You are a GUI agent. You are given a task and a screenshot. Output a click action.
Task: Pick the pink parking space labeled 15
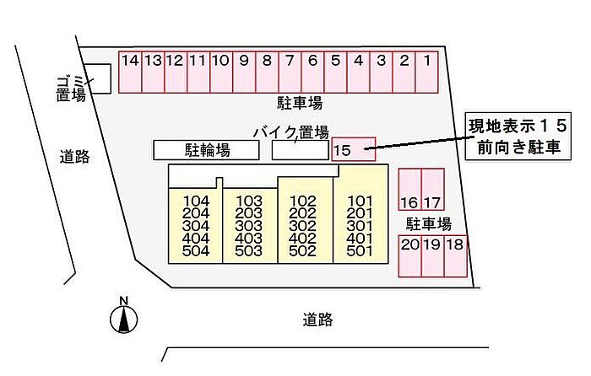pos(353,148)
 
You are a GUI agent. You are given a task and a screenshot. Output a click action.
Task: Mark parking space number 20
pos(409,255)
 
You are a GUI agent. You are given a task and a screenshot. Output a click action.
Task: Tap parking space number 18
pos(455,255)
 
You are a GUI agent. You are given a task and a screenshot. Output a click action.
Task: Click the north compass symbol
pos(123,317)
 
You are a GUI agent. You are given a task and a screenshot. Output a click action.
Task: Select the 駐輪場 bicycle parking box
pos(207,150)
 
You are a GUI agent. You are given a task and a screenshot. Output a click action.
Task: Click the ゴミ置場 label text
pos(71,87)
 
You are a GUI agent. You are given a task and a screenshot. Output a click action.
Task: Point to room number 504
pos(195,250)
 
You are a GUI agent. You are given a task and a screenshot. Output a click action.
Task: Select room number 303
pos(250,226)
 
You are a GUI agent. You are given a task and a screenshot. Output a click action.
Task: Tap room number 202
pos(302,214)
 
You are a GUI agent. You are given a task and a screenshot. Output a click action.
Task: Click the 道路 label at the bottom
pos(317,320)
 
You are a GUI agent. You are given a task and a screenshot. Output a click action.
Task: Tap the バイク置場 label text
pos(290,132)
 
